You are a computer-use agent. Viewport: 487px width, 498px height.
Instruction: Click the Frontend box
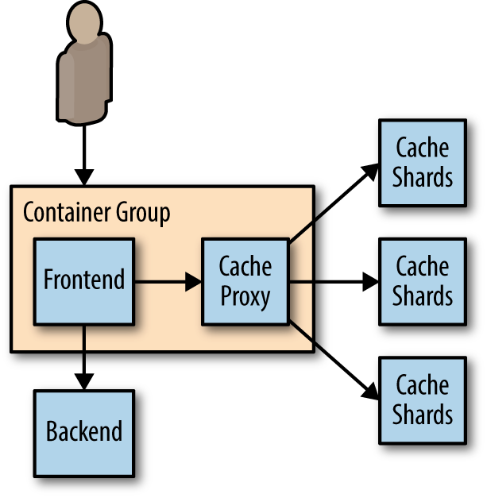click(84, 280)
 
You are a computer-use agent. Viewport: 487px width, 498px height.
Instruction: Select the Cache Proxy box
click(245, 281)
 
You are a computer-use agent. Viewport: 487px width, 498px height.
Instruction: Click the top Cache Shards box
click(422, 162)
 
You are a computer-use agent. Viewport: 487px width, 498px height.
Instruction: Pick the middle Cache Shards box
click(422, 281)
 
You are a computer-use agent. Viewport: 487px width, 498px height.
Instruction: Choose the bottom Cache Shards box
click(422, 400)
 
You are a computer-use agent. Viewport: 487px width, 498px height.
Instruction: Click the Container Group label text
click(96, 213)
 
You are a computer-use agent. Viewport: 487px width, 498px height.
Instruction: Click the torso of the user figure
click(84, 79)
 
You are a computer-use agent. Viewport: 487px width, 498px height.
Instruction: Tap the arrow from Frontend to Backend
click(84, 357)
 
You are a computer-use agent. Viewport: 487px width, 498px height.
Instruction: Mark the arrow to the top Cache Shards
click(334, 203)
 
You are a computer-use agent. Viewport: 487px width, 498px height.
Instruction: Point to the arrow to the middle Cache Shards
click(334, 281)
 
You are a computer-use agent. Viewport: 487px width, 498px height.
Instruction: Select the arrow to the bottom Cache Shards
click(334, 359)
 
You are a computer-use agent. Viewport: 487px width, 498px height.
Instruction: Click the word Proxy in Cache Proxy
click(245, 296)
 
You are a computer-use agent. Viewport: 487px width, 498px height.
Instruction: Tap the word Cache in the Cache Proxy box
click(245, 266)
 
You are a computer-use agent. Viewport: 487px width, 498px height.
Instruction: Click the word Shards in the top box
click(422, 177)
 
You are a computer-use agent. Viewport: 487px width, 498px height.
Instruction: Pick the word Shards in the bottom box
click(422, 415)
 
